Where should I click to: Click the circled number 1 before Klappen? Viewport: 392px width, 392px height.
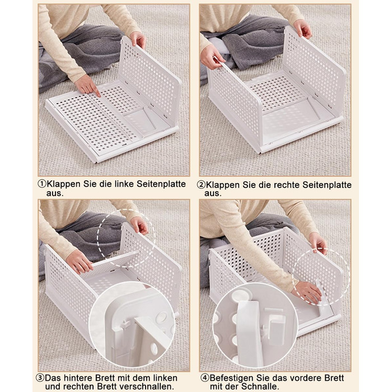42,184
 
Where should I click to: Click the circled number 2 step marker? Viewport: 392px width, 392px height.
201,185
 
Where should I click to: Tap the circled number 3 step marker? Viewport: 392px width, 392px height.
40,377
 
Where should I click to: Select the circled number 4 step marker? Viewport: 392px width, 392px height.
205,378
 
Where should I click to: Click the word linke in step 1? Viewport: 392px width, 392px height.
124,184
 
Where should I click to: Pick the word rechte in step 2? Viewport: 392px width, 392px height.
287,185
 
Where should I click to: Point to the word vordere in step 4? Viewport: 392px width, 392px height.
305,378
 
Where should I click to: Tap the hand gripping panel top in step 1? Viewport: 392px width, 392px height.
138,40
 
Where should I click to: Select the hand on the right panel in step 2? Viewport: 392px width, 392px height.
302,29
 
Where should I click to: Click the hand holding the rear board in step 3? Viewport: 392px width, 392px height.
79,261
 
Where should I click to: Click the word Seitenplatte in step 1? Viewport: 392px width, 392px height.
161,184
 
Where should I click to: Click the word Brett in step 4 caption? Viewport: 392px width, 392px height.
334,378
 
